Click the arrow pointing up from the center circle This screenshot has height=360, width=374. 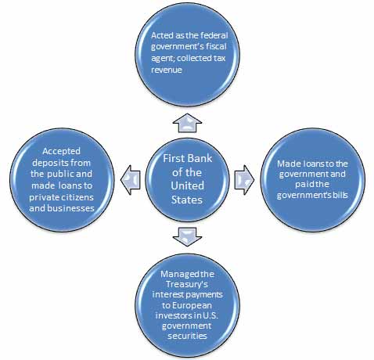(x=187, y=123)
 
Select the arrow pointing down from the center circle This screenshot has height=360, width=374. (x=187, y=237)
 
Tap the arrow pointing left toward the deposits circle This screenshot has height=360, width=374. (x=131, y=180)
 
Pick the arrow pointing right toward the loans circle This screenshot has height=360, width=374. (x=244, y=180)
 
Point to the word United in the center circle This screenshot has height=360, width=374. (x=187, y=185)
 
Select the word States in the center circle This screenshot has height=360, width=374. (x=187, y=200)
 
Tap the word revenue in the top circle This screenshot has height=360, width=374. (x=167, y=70)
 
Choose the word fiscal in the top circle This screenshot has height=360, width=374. (x=216, y=46)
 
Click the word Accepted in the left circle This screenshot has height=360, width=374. (x=61, y=151)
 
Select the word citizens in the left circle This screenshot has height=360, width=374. (x=78, y=197)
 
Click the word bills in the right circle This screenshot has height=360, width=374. (x=341, y=195)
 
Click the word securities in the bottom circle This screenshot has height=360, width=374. (x=187, y=336)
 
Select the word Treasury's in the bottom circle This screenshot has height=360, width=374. (x=187, y=284)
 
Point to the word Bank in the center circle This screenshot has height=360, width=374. (x=200, y=158)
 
